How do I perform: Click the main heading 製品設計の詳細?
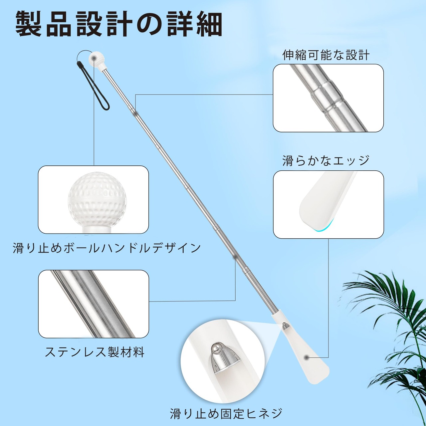(x=119, y=25)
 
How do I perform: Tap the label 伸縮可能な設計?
(x=326, y=55)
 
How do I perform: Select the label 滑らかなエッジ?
(x=326, y=160)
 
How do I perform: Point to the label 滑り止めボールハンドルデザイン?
(x=106, y=248)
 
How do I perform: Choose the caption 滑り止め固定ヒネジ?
(x=226, y=413)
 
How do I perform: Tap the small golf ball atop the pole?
(x=97, y=59)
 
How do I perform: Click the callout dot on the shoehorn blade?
(x=306, y=357)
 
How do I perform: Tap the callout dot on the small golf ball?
(x=94, y=58)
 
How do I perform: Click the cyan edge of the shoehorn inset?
(x=324, y=228)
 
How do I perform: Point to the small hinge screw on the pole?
(x=285, y=326)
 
